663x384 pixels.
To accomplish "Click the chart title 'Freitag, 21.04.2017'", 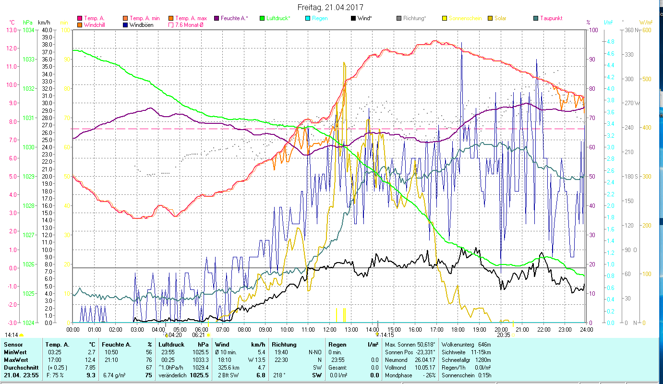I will [x=330, y=8].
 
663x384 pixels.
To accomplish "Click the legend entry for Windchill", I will [x=94, y=25].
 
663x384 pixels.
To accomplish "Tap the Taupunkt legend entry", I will [x=551, y=18].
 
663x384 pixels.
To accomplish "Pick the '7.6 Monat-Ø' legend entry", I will [x=188, y=25].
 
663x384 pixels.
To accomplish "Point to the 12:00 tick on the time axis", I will [x=330, y=330].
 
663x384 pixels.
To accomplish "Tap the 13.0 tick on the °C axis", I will [x=11, y=30].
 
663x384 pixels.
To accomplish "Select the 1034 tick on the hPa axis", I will [x=28, y=30].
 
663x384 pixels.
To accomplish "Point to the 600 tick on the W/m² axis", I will [x=646, y=30].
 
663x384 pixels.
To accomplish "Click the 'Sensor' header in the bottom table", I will [x=12, y=345].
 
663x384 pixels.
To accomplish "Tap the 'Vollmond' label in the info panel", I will [x=397, y=368].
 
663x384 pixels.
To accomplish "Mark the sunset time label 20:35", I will [x=503, y=335].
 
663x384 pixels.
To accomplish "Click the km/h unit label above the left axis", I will [x=45, y=23].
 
